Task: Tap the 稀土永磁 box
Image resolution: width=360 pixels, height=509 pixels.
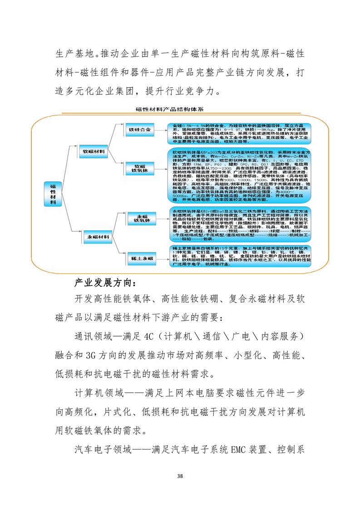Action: [x=141, y=258]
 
